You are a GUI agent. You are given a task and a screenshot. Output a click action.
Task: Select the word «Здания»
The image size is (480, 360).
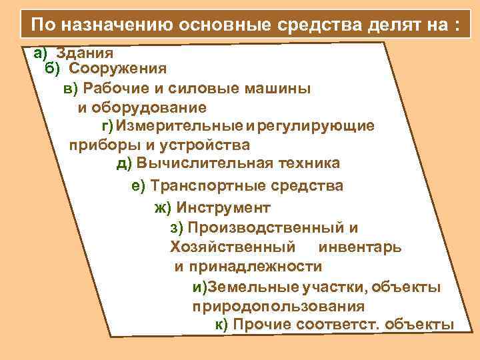(x=85, y=52)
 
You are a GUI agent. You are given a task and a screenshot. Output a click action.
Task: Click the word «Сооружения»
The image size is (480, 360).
(x=118, y=68)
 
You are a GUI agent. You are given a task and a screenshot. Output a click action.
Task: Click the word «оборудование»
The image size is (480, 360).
(x=151, y=107)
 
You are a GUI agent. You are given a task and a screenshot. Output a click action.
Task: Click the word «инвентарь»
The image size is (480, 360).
(x=360, y=247)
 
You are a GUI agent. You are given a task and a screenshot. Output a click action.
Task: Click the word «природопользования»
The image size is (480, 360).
(x=279, y=307)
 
